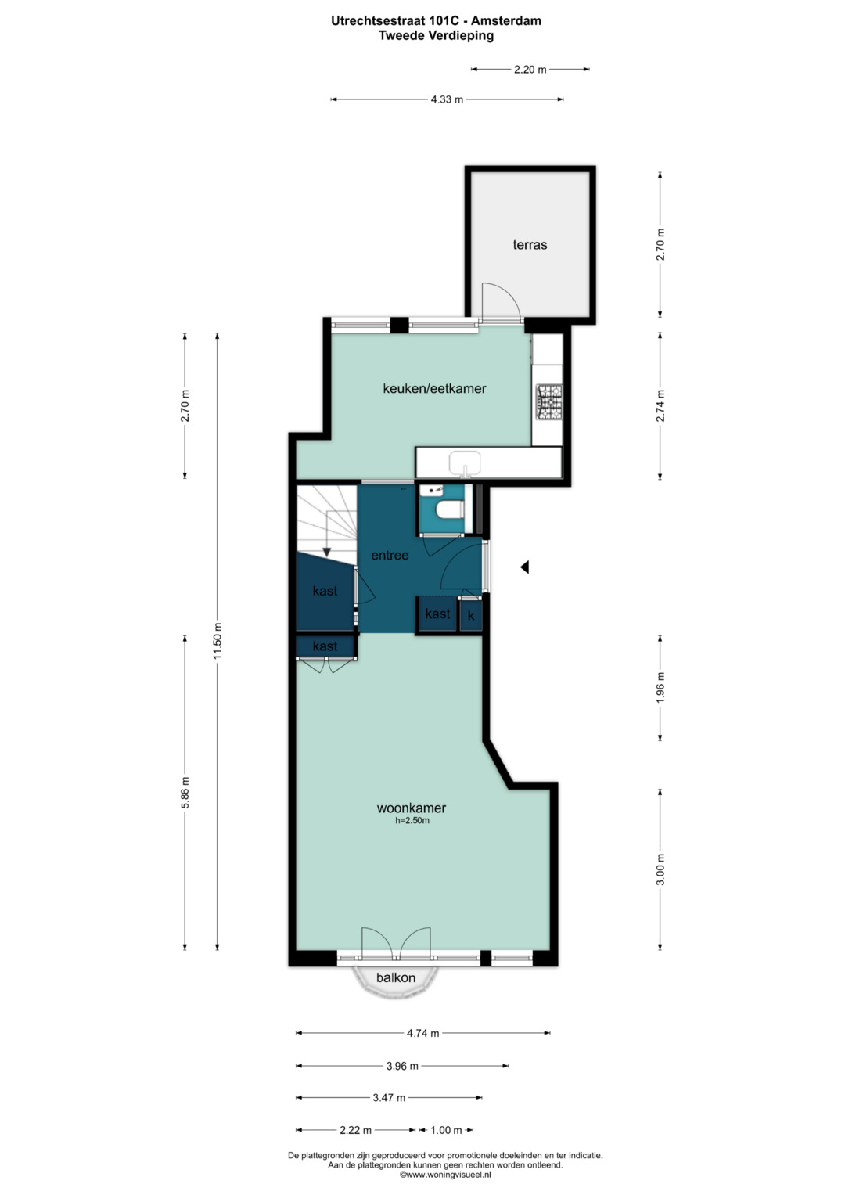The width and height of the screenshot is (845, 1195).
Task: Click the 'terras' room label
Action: [x=530, y=245]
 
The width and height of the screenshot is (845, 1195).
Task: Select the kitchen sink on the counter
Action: [x=465, y=462]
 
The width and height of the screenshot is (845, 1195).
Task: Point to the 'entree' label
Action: [x=390, y=556]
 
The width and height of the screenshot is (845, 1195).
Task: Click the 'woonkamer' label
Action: [x=412, y=808]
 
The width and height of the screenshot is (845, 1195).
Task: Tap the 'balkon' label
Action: [x=396, y=978]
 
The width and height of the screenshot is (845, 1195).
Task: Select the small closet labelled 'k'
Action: [x=471, y=616]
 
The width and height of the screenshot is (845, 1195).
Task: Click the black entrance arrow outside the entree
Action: [x=525, y=567]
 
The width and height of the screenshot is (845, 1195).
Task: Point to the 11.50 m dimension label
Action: [x=218, y=641]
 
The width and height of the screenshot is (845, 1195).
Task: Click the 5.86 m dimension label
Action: [x=185, y=793]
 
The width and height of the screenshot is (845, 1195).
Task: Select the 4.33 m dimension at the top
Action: [x=447, y=99]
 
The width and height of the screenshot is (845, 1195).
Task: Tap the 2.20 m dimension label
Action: [x=530, y=70]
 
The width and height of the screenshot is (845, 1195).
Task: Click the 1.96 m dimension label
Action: [x=660, y=688]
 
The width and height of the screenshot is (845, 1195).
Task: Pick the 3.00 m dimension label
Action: [x=660, y=869]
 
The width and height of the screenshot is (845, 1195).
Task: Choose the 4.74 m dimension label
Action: [x=423, y=1033]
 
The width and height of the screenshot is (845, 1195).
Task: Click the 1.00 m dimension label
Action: [x=447, y=1130]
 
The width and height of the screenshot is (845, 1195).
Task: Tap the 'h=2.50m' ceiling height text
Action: [x=412, y=821]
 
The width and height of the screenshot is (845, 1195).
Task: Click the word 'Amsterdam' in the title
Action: [x=506, y=21]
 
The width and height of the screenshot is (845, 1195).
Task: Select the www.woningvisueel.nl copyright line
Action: [x=445, y=1174]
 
